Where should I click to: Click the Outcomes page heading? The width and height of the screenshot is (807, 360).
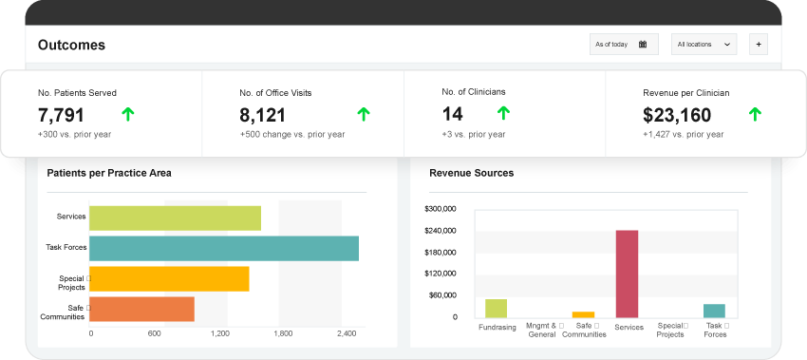[x=71, y=45]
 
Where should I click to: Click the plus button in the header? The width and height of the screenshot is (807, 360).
[x=758, y=45]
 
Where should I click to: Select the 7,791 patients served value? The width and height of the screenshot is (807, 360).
[x=62, y=115]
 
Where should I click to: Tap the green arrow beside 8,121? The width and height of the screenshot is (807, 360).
[x=363, y=114]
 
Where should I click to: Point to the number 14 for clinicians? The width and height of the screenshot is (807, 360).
[x=453, y=114]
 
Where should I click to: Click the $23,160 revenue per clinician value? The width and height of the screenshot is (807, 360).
[x=677, y=115]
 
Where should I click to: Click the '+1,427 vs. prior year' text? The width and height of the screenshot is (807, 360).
[x=684, y=134]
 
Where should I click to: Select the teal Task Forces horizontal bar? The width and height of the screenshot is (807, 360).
[x=223, y=248]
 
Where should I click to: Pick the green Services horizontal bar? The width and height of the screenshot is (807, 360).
[x=175, y=217]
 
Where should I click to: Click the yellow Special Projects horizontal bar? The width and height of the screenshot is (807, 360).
[x=169, y=278]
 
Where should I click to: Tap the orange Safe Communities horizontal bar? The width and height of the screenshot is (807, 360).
[x=141, y=310]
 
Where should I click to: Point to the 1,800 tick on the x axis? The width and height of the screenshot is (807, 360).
[x=283, y=333]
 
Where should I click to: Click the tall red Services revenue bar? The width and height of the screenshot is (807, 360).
[x=627, y=274]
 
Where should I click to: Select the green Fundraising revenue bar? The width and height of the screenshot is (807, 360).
[x=497, y=308]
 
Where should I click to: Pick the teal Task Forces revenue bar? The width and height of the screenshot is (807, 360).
[x=714, y=311]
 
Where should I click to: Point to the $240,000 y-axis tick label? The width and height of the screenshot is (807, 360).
[x=441, y=230]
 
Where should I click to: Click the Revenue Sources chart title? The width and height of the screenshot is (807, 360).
[x=471, y=173]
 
